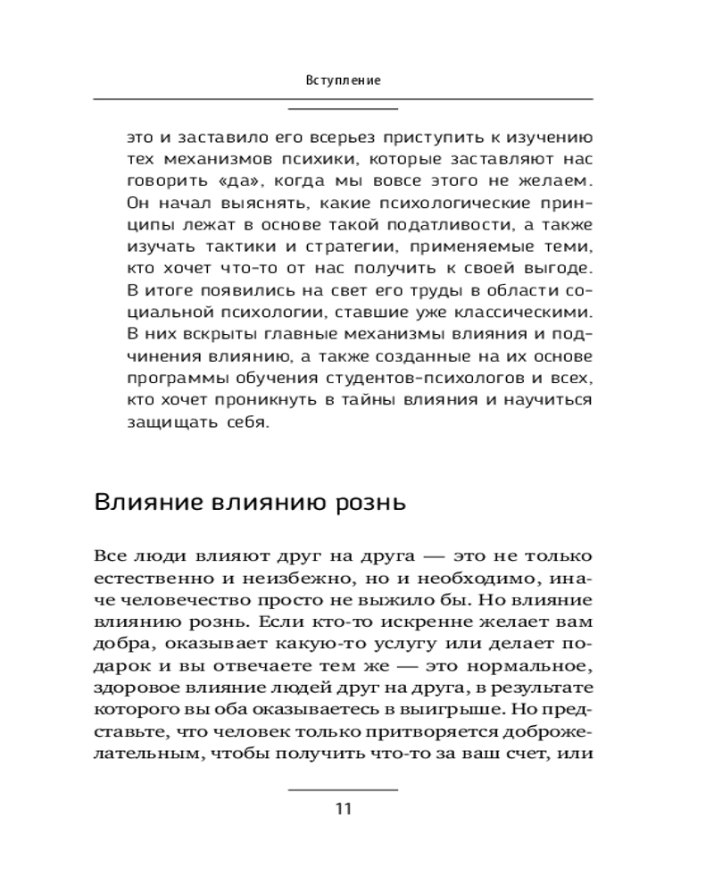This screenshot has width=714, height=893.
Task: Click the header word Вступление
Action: click(344, 80)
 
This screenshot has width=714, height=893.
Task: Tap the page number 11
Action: click(344, 810)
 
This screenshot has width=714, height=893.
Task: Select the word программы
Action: click(172, 378)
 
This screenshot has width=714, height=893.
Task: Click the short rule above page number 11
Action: click(344, 789)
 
